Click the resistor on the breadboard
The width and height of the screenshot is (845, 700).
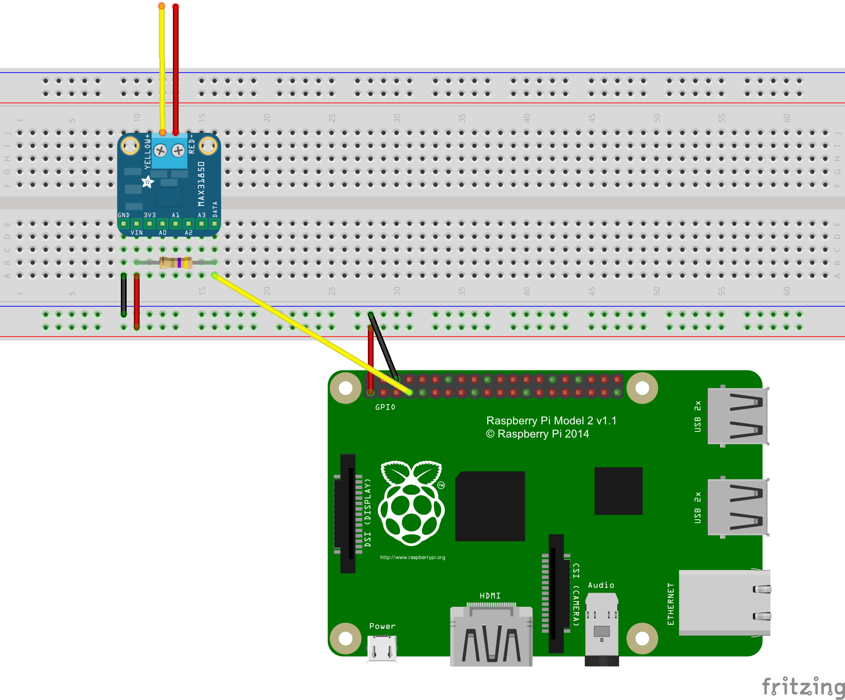click(x=176, y=262)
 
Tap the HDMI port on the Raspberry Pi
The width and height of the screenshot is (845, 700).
click(x=491, y=635)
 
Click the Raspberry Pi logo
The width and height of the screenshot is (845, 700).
click(x=412, y=503)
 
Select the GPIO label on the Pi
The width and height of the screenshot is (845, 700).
click(x=385, y=407)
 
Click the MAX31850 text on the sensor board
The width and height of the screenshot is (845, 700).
click(x=201, y=184)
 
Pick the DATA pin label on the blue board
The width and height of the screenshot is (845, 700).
click(x=215, y=210)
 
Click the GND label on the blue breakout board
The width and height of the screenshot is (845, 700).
click(x=123, y=215)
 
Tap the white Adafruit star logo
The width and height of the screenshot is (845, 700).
click(x=148, y=182)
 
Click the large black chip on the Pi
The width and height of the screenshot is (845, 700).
click(x=490, y=506)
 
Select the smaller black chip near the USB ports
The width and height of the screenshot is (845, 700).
click(x=618, y=491)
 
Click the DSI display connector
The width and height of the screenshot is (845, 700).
click(x=348, y=513)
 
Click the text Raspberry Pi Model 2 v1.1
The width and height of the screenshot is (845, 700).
click(x=551, y=420)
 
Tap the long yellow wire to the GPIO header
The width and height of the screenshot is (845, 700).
click(x=308, y=332)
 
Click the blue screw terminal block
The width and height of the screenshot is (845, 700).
click(x=169, y=151)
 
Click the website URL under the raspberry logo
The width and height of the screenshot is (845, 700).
click(x=413, y=558)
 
